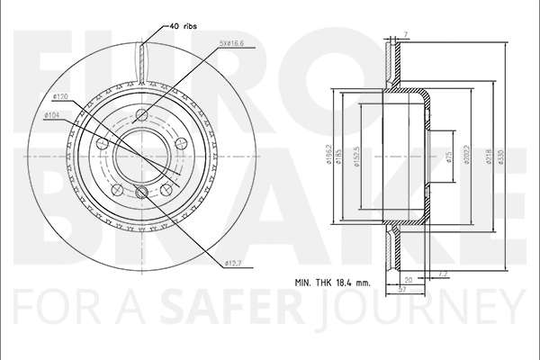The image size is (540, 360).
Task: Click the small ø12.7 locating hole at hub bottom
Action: (140, 192)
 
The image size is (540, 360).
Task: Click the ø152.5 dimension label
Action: (359, 157)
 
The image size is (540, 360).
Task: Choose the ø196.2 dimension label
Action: (331, 157)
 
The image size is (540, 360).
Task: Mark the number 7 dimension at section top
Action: (405, 34)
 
